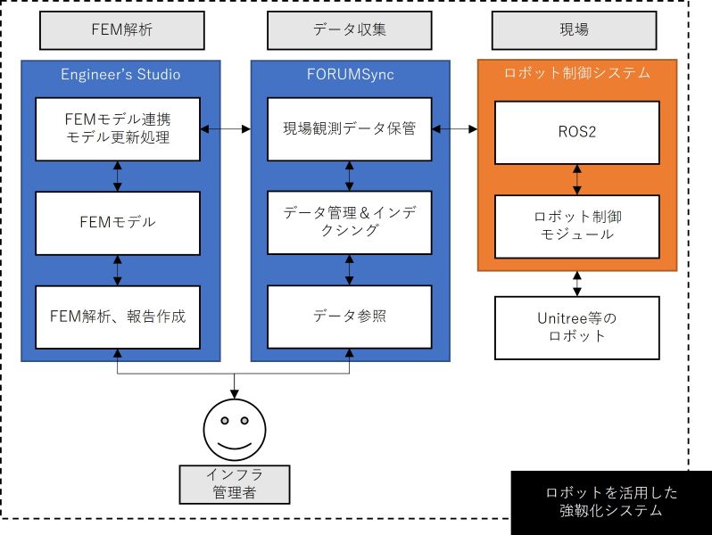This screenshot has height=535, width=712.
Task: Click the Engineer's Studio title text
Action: [120, 74]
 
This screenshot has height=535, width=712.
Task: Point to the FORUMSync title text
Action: [349, 74]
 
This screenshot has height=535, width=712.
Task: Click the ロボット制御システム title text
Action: [577, 74]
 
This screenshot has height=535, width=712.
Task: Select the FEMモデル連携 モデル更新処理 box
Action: [118, 129]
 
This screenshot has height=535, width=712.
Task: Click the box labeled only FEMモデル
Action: [118, 222]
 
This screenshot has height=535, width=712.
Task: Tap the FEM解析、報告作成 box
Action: [118, 317]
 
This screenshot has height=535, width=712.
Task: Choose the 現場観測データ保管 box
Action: [349, 129]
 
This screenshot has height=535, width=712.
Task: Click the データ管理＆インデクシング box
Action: [349, 222]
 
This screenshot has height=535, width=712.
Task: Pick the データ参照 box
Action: [349, 317]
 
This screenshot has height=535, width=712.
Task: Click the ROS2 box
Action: [576, 132]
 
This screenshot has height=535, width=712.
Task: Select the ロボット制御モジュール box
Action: [576, 226]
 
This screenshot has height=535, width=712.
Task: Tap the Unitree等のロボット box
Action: [576, 327]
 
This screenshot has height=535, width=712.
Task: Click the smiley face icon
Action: [235, 426]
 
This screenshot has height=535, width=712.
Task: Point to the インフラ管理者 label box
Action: [235, 482]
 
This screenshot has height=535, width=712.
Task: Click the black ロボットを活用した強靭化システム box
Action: [611, 502]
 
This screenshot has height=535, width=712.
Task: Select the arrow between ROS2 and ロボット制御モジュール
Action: [577, 179]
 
